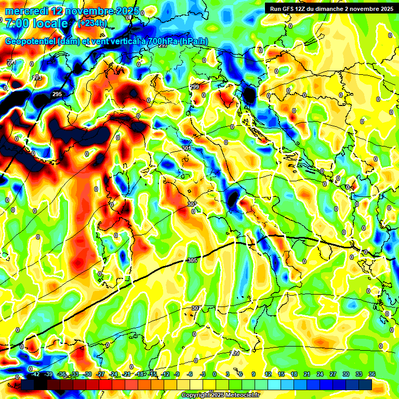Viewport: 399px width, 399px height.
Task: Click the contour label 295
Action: coord(57,94)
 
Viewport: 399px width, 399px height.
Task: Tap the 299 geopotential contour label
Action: coord(194,87)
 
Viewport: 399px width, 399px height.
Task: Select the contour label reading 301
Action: coord(187,149)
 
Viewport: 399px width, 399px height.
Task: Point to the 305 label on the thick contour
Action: coord(192,260)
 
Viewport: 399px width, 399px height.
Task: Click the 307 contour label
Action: coord(195,308)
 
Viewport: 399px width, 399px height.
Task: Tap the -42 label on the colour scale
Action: coord(36,374)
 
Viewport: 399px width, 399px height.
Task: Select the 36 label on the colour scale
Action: coord(372,374)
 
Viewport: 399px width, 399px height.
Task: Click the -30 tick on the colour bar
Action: coord(88,374)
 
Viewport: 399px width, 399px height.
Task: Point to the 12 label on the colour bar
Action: coord(268,374)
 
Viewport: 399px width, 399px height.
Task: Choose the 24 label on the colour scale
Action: coord(320,374)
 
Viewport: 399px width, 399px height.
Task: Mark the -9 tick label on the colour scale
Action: coord(177,374)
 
